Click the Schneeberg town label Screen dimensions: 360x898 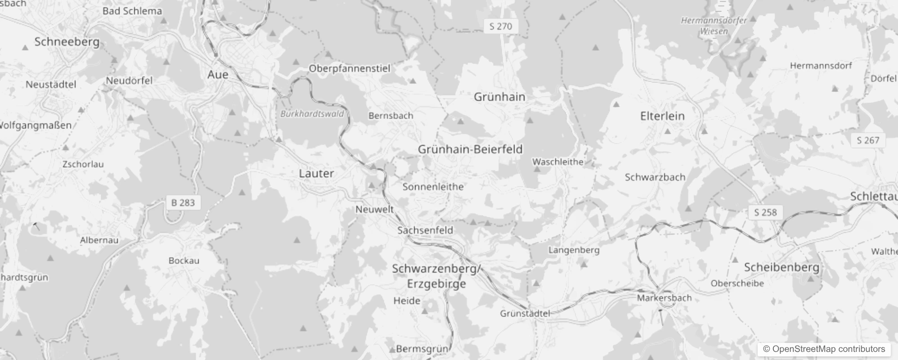click(67, 42)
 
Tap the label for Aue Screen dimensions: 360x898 click(218, 74)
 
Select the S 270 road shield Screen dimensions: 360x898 click(501, 27)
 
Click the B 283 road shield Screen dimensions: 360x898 click(183, 203)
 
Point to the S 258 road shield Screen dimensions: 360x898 click(765, 212)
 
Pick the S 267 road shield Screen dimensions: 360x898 click(868, 140)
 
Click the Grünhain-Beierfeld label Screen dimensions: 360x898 click(470, 149)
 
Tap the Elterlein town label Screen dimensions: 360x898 click(662, 116)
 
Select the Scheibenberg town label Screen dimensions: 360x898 click(781, 267)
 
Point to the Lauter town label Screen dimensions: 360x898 click(316, 173)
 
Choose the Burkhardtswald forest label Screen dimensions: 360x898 click(312, 114)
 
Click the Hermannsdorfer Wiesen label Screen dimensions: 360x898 click(714, 26)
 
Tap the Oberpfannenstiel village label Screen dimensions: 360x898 click(349, 68)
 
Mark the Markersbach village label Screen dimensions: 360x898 click(664, 298)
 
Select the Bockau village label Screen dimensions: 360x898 click(184, 261)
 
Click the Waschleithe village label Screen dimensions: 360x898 click(558, 162)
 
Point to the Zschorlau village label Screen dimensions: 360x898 click(83, 164)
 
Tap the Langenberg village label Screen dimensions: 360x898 click(574, 250)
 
